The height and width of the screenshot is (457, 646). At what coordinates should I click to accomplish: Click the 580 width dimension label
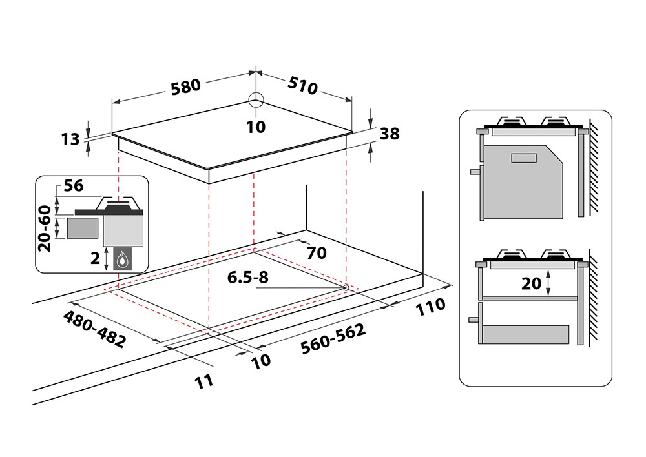(x=186, y=86)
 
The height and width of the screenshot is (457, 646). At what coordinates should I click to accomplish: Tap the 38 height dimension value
(x=390, y=134)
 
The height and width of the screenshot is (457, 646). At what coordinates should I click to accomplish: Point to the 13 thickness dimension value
(x=71, y=138)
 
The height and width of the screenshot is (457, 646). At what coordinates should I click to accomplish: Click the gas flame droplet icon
(x=122, y=260)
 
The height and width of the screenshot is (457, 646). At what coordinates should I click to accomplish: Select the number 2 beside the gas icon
(x=96, y=259)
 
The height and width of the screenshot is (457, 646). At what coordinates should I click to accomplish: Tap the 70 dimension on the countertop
(x=317, y=252)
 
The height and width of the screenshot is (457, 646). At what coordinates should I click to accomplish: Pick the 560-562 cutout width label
(x=333, y=339)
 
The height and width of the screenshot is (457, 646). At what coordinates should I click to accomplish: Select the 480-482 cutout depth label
(x=94, y=329)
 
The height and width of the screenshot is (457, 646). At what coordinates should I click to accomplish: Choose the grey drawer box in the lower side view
(x=526, y=334)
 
